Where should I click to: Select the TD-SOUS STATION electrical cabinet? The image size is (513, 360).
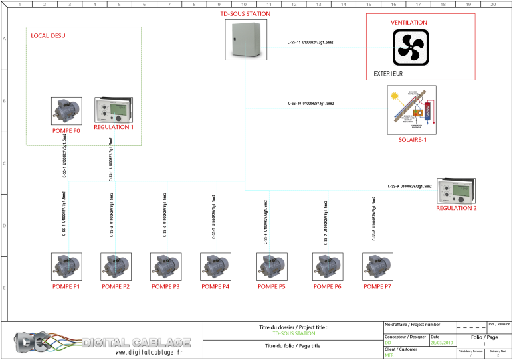tap(241, 40)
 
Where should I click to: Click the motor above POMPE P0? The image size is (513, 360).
tap(66, 111)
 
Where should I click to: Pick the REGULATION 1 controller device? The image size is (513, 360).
tap(114, 110)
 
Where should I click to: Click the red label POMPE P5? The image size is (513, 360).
tap(272, 286)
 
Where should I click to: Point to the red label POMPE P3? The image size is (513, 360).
tap(166, 286)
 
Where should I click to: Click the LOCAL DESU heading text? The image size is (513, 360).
tap(48, 35)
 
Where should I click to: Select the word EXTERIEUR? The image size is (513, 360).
tap(388, 74)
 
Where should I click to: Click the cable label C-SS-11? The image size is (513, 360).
tap(310, 43)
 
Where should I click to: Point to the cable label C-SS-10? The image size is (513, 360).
tap(310, 104)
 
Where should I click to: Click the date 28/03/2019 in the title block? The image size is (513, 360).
tap(441, 343)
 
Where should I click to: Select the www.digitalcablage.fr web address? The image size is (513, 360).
tap(148, 352)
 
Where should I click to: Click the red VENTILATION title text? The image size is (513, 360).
tap(409, 23)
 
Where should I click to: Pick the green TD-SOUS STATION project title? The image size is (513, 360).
tap(294, 333)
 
